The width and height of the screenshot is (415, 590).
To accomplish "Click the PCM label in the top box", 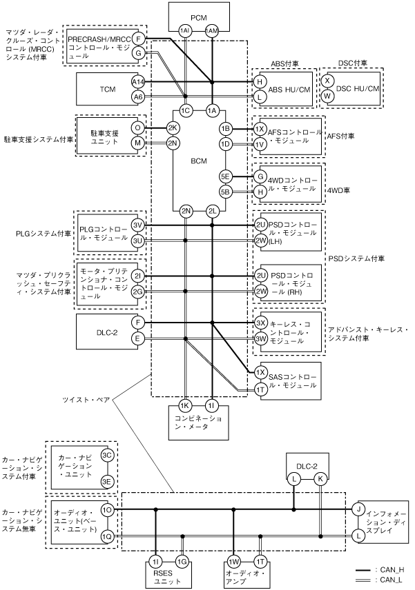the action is point(199,17).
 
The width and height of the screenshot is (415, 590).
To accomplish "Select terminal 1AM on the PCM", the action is point(212,31).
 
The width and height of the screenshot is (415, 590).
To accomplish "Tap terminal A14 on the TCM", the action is point(138,81).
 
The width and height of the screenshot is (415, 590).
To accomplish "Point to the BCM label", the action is point(199,161).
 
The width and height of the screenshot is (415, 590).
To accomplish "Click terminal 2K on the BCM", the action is point(173,128).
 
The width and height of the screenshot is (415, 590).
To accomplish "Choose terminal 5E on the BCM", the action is point(225,176).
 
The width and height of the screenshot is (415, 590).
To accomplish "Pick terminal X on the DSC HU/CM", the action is point(327,81).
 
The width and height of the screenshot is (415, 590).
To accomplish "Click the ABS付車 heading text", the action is point(284,63).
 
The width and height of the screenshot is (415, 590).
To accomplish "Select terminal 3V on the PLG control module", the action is point(138,225).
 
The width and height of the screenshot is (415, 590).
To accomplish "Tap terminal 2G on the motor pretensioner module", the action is point(138,291).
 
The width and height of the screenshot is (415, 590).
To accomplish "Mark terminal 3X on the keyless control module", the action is point(261,323).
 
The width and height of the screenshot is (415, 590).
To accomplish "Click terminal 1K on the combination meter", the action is point(184,405).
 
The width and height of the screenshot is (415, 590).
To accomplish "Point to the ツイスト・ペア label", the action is point(86,400).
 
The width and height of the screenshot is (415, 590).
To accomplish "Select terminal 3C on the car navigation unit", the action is point(107,456).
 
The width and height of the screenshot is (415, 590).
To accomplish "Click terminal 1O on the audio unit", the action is point(107,509).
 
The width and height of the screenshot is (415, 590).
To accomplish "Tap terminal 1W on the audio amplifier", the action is point(233,562).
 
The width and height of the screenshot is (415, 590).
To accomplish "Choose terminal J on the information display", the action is point(358,509).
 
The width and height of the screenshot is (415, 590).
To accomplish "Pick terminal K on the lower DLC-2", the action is point(320,479).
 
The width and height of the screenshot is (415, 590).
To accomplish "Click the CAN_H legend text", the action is point(389,570).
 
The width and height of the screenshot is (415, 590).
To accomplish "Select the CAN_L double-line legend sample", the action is point(363,580).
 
